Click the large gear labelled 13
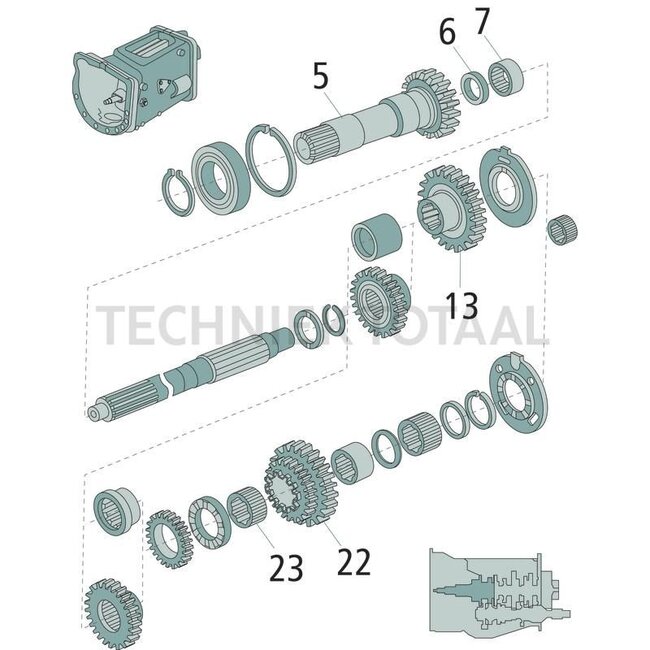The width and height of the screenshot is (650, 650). pos(449,212)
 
